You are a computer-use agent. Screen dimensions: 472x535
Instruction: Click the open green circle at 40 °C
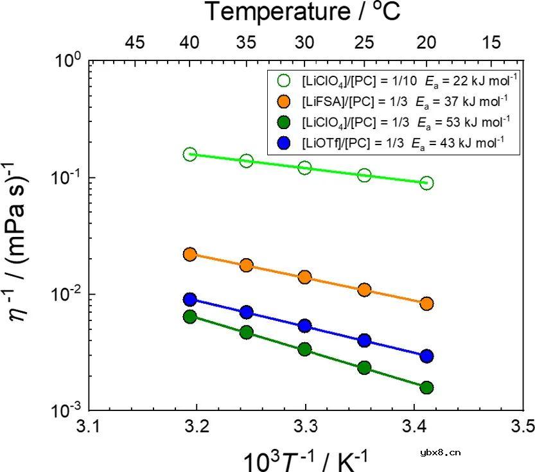click(189, 154)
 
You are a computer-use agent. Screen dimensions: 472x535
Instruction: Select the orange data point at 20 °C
click(427, 303)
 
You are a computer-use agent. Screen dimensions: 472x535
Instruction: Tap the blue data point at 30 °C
click(305, 326)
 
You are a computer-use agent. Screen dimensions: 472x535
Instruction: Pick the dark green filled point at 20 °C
click(427, 387)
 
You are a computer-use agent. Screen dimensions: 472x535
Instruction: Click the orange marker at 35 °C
click(246, 265)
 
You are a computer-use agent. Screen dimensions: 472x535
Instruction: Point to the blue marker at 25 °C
click(364, 340)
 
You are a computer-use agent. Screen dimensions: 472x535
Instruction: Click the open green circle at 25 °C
click(364, 175)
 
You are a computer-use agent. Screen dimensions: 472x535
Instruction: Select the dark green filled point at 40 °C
click(189, 316)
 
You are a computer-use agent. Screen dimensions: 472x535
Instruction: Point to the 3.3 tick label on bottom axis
click(306, 426)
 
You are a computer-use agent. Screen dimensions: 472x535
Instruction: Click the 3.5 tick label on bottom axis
click(524, 426)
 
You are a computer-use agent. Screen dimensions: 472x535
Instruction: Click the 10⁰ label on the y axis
click(67, 62)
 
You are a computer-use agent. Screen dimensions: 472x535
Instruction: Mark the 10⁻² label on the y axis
click(66, 295)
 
